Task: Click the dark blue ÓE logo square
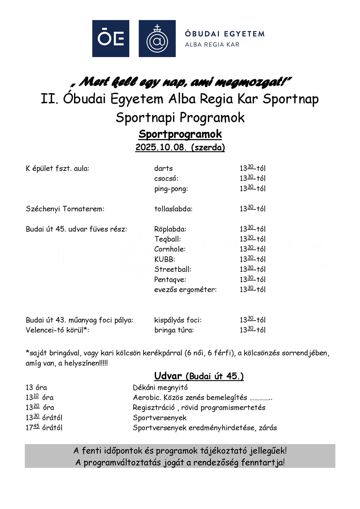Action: point(110,38)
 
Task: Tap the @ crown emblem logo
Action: point(157,38)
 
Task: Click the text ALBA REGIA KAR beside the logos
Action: point(212,45)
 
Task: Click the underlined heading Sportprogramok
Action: point(180,134)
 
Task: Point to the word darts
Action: point(163,168)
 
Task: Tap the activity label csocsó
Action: point(166,178)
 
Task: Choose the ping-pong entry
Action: point(171,189)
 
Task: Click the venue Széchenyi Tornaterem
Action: point(65,209)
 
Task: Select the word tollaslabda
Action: point(173,209)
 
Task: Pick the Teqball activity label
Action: point(167,239)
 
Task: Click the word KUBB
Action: point(164,259)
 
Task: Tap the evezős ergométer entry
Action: point(185,289)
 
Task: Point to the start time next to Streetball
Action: point(252,269)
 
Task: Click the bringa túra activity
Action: point(174,330)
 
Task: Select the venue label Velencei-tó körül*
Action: point(57,330)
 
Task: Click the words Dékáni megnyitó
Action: point(160,388)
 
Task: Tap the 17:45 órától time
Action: point(44,428)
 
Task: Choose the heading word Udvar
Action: point(168,376)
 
